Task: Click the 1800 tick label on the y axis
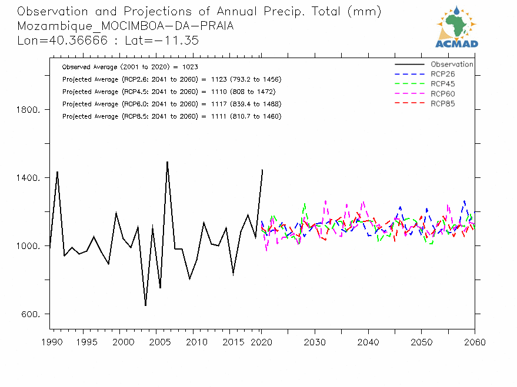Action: (28, 110)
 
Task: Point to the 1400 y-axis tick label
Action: (28, 178)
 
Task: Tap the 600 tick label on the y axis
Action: (30, 314)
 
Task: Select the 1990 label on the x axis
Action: (50, 342)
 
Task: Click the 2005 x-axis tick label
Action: (157, 342)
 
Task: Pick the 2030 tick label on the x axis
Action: (315, 342)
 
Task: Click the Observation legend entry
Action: (451, 65)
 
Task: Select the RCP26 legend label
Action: (442, 74)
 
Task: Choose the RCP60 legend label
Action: (442, 94)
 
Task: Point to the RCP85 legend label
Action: (442, 104)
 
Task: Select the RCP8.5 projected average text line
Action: (171, 116)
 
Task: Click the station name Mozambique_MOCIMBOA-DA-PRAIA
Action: (125, 26)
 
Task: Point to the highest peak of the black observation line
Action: (167, 161)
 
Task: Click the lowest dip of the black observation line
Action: (145, 305)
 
